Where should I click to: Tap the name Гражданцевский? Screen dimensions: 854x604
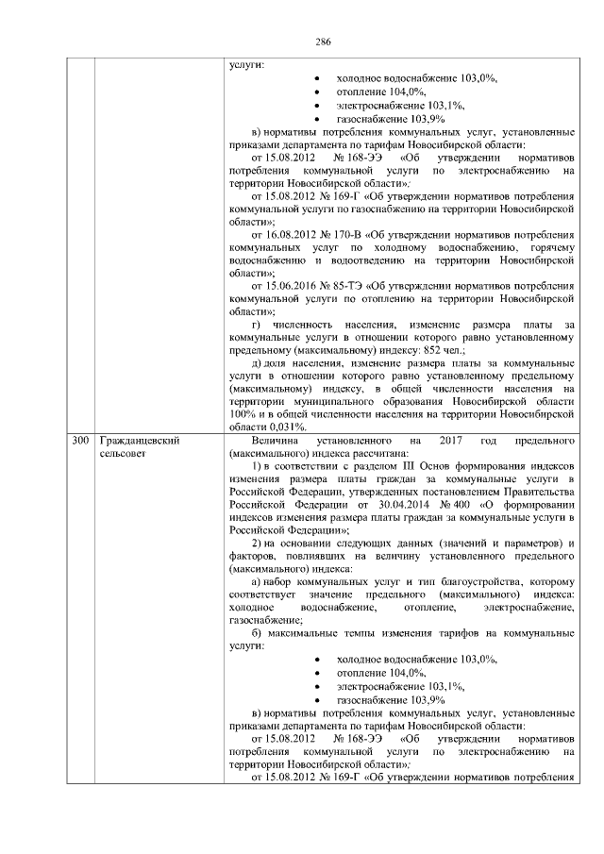[138, 441]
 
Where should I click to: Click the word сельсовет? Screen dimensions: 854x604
[123, 454]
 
